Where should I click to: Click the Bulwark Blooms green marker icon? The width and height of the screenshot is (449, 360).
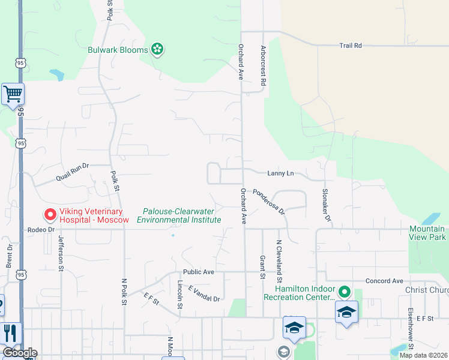(157, 49)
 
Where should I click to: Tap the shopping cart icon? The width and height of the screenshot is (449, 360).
(13, 94)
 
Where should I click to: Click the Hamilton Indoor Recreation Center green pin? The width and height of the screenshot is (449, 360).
(344, 292)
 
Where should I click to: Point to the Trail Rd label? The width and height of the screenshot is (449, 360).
(351, 46)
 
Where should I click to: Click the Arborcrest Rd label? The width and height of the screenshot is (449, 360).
(263, 65)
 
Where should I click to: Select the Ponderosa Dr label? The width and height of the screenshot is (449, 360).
(268, 201)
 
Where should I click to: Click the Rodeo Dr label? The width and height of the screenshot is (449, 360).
(40, 229)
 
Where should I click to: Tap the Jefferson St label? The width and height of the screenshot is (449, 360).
(61, 253)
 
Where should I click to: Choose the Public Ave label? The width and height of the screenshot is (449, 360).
(199, 272)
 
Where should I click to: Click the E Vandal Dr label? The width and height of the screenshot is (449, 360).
(204, 294)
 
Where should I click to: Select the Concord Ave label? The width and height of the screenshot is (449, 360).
(384, 281)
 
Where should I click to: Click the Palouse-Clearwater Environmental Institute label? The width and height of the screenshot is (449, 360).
(179, 215)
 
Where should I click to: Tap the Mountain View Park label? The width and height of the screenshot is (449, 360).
(427, 233)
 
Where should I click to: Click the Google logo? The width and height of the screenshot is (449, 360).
(20, 353)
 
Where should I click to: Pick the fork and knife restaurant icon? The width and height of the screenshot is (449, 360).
(10, 334)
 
